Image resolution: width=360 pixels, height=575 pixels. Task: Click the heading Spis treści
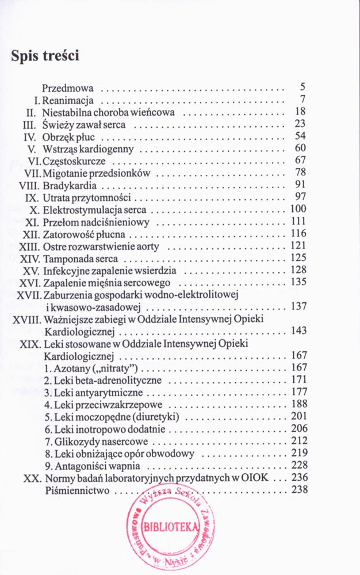44,56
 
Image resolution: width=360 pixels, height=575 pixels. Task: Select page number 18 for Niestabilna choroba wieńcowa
299,112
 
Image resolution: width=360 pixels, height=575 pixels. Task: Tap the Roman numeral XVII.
25,294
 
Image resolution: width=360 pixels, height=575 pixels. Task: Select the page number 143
298,331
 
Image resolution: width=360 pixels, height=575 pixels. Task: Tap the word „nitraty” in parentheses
116,368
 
